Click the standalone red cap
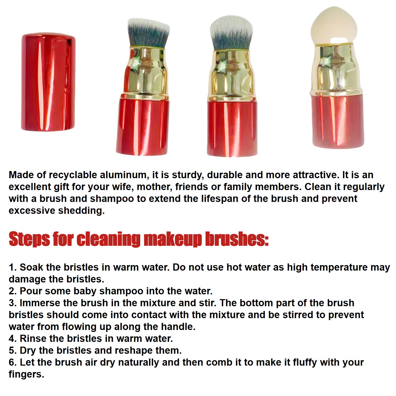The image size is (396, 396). pos(48,82)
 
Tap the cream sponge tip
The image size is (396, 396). pos(334,26)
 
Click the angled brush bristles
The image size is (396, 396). pos(148,33)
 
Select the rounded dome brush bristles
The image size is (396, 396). pos(231,33)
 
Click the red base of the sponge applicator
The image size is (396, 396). pos(338,121)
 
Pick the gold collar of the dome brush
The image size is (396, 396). pos(232,76)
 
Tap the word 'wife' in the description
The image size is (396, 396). pos(123,187)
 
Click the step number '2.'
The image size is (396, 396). pos(13,291)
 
